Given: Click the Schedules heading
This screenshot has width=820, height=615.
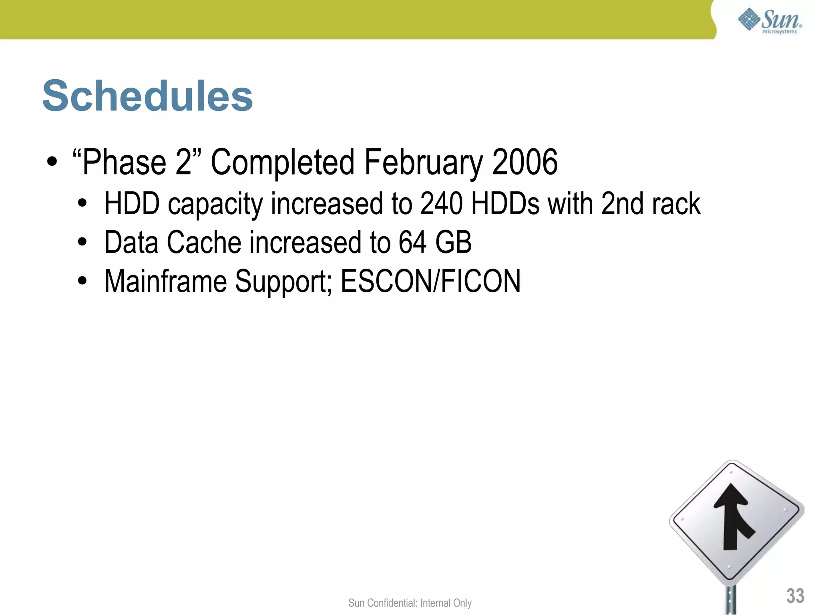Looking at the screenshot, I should pos(147,96).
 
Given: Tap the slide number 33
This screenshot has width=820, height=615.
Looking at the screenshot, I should pos(795,596).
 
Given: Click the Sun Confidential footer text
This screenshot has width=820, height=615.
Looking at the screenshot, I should pos(410,603).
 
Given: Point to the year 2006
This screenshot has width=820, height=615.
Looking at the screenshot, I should pos(525,162).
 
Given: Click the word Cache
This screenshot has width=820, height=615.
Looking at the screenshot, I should pos(203,242).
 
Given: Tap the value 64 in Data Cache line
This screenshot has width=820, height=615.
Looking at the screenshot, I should pos(412,242).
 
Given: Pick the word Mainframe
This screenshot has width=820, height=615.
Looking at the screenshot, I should pos(165,281).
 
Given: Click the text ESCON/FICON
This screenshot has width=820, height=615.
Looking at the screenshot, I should pos(430,281).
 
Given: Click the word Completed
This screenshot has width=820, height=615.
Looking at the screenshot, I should pos(283,162).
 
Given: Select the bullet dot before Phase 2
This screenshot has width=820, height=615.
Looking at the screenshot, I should pos(52,162).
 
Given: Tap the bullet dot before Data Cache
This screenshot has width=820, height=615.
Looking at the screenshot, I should pos(82,242).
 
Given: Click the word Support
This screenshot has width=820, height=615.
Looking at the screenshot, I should pos(283,282).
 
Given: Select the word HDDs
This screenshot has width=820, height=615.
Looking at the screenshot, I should pos(505,203).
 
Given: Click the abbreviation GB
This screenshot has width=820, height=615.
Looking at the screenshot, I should pos(453,242).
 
